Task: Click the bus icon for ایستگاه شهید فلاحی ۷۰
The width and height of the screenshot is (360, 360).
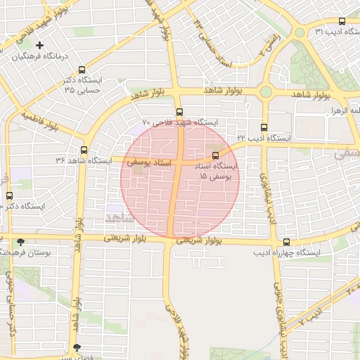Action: (179, 112)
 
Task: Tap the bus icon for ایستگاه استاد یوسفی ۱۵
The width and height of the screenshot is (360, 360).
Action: (215, 155)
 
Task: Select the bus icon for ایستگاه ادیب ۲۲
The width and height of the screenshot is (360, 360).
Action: (264, 128)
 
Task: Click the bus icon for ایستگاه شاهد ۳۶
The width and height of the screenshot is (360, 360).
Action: (84, 150)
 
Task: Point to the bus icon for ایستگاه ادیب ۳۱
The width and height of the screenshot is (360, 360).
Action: (342, 21)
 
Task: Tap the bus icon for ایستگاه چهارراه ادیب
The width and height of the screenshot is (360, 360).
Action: (285, 241)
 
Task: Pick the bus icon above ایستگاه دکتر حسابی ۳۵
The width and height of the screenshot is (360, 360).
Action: (83, 70)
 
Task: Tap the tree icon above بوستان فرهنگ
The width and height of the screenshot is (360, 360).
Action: (20, 241)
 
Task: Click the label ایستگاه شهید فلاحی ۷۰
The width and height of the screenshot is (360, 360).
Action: (180, 122)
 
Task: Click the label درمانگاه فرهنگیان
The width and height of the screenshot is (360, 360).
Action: (41, 56)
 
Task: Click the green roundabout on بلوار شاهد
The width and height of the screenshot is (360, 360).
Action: (266, 91)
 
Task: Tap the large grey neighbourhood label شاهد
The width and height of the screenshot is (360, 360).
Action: (119, 218)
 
